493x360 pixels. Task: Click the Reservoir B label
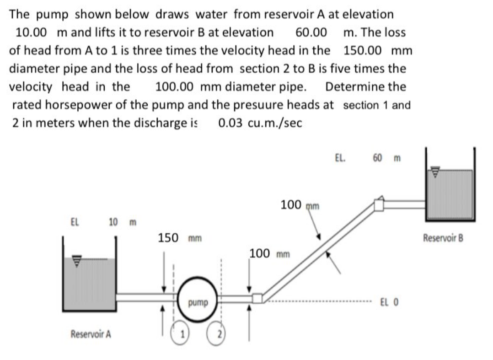[443, 237]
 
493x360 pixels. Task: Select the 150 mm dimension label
[177, 238]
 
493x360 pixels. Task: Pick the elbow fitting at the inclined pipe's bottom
[258, 298]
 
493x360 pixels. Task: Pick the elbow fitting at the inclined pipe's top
[379, 204]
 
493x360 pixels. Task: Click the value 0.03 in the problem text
[234, 123]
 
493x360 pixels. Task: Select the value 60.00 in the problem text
[311, 32]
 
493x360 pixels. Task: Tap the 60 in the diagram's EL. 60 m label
[377, 159]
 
